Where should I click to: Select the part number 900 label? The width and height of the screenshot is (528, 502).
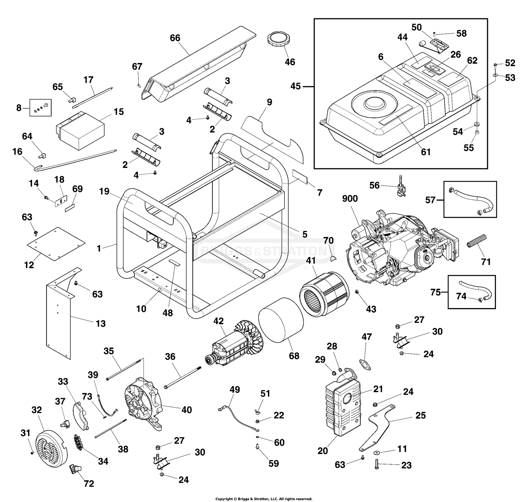click(x=350, y=199)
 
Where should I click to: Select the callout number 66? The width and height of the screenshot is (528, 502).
click(x=175, y=38)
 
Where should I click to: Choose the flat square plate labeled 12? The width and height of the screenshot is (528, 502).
click(x=56, y=244)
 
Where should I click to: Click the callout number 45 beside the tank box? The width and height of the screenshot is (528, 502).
click(x=296, y=86)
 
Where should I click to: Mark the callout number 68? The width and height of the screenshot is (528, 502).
click(x=294, y=356)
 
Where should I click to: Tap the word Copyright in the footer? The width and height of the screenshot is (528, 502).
click(x=224, y=499)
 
